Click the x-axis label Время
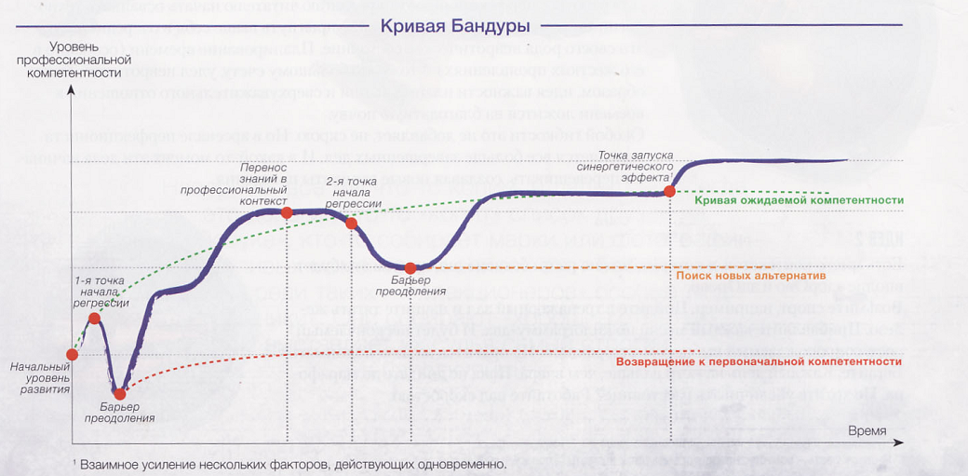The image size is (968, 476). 867,429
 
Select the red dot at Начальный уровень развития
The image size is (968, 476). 73,354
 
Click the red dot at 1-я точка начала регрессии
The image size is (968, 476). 94,319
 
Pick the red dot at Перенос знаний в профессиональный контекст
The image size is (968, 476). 287,212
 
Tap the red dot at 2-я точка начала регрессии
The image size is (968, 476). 351,223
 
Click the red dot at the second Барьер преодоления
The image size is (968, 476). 410,268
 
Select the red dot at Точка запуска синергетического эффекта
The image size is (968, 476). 670,192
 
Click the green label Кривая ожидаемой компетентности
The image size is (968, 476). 800,200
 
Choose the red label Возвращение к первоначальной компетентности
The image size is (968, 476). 760,361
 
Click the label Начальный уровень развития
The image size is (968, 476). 40,378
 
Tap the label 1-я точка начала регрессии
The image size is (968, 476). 98,291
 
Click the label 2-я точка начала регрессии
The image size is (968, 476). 353,191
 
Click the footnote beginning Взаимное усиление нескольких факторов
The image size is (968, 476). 291,463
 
